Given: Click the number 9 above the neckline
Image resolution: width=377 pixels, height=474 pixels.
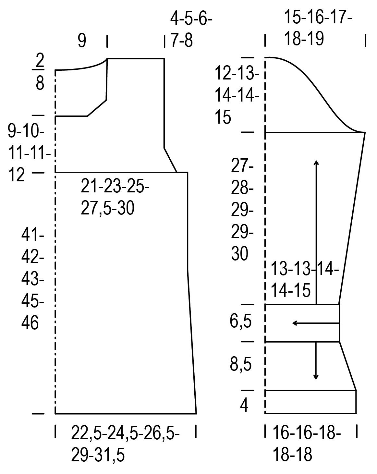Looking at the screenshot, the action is point(82,41).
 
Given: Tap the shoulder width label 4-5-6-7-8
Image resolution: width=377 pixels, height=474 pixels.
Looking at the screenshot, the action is point(191,30).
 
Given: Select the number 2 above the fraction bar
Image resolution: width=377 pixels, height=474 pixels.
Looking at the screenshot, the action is point(40,60).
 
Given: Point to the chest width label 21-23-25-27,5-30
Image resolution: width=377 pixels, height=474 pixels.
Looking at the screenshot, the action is point(115,197).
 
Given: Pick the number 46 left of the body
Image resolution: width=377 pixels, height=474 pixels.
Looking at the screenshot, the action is point(30,323).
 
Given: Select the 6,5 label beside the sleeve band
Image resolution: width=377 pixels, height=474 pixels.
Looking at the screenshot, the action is point(241,322).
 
